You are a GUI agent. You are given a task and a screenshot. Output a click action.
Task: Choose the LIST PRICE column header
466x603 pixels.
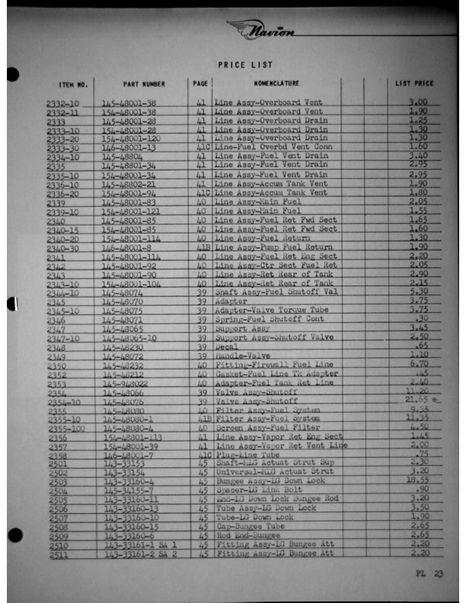coord(414,83)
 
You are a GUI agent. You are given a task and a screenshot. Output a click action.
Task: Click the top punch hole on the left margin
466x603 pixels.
coord(11,74)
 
